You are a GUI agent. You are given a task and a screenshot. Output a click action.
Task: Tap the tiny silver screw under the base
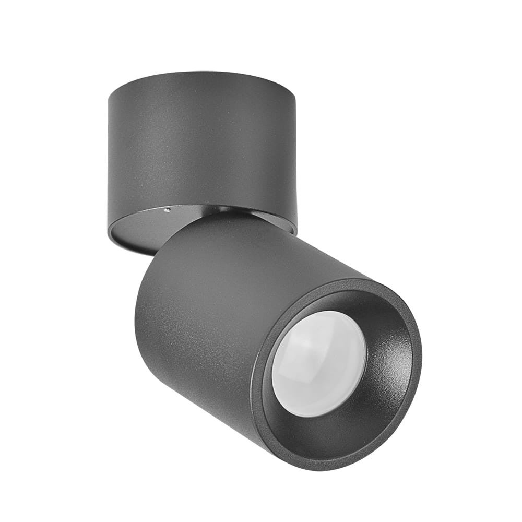click(x=167, y=210)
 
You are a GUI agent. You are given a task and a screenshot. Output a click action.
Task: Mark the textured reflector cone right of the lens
click(x=389, y=360)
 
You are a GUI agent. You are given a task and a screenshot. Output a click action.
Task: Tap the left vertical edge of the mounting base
click(x=109, y=157)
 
